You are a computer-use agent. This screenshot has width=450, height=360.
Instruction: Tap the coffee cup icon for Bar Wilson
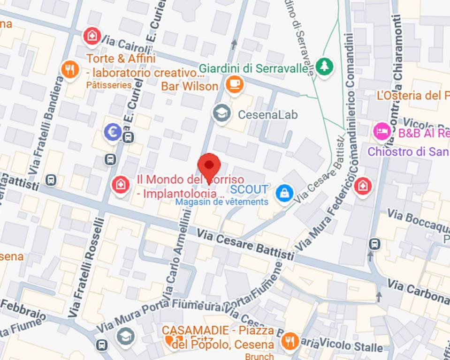pos(234,84)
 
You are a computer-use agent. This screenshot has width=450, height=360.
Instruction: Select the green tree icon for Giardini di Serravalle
pos(323,66)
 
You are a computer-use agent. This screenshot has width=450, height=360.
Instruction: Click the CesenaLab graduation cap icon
pos(221,113)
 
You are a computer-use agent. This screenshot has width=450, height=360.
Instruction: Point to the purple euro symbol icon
pos(113,132)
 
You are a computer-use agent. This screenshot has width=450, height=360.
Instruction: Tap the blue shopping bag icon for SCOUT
pos(284,193)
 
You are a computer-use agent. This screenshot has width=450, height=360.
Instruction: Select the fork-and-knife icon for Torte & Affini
pos(70,70)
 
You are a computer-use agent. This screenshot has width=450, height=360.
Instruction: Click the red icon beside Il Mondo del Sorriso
pos(121,185)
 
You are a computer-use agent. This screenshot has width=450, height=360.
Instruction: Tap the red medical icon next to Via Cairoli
pos(92,36)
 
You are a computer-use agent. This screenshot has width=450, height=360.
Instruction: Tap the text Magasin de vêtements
pos(221,202)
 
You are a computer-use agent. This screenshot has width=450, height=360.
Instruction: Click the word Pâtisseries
pos(109,85)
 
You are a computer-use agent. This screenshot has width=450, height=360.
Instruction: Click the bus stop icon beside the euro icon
pos(128,137)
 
